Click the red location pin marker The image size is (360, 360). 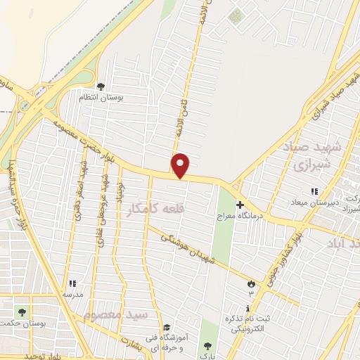[181, 166]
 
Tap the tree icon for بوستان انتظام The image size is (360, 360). [101, 87]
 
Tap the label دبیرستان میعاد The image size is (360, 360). [317, 202]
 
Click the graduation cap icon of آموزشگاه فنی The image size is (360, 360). [167, 327]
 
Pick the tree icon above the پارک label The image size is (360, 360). [207, 346]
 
